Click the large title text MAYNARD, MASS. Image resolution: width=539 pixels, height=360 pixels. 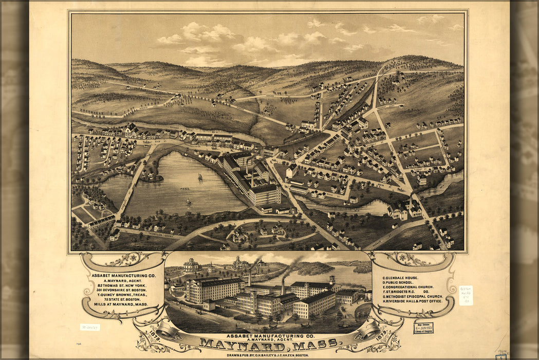click(x=269, y=344)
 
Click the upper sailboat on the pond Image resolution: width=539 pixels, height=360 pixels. click(x=200, y=177)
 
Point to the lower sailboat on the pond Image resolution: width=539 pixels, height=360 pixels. click(x=188, y=202)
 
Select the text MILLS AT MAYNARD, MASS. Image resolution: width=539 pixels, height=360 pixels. click(x=120, y=304)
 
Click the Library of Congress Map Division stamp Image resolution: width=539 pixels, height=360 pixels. click(x=423, y=328)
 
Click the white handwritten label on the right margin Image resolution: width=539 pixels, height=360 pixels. click(x=466, y=295)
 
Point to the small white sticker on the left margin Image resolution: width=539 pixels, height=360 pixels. click(x=89, y=327)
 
